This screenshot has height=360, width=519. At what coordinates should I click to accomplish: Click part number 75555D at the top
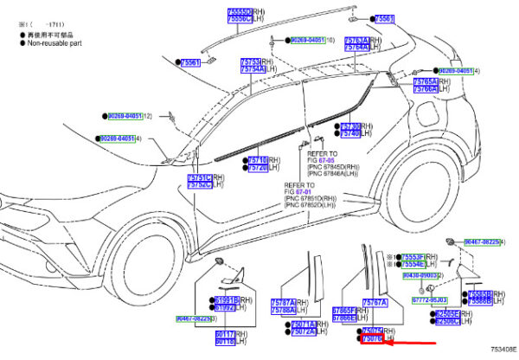tap(215, 10)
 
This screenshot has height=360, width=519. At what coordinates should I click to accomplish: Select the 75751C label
tap(199, 184)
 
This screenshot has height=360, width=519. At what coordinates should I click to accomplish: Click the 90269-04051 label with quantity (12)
tap(125, 115)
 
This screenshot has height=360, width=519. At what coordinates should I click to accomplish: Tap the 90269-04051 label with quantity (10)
tap(307, 40)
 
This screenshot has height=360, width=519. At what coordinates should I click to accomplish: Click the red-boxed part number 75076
tap(372, 339)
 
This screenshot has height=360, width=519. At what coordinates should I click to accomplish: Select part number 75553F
tap(411, 257)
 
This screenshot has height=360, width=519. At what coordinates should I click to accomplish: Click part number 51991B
tap(226, 299)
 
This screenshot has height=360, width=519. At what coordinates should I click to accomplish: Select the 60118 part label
tap(225, 341)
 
